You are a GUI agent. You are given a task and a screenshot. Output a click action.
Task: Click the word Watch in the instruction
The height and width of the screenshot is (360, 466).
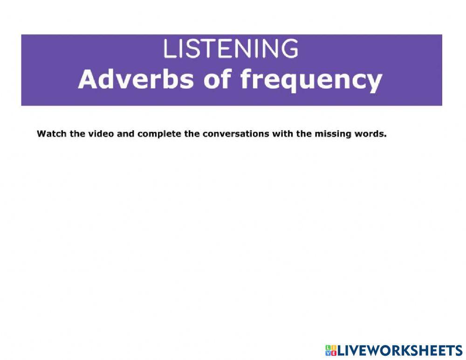(51, 134)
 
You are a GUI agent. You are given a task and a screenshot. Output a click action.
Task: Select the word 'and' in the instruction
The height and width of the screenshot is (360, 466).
(125, 134)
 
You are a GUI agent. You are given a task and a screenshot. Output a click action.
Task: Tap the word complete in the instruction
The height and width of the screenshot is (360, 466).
(159, 135)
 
